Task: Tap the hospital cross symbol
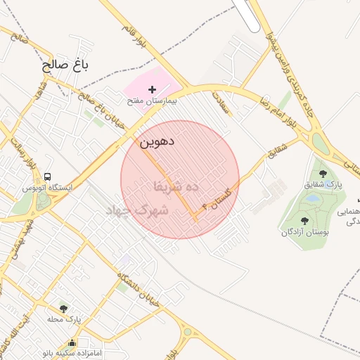coord(153,89)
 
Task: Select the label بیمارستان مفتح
coord(152,101)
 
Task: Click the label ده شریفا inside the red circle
coord(176,186)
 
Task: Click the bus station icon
coord(47,176)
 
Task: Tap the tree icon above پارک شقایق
coord(323,172)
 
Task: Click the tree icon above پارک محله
coord(64,309)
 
